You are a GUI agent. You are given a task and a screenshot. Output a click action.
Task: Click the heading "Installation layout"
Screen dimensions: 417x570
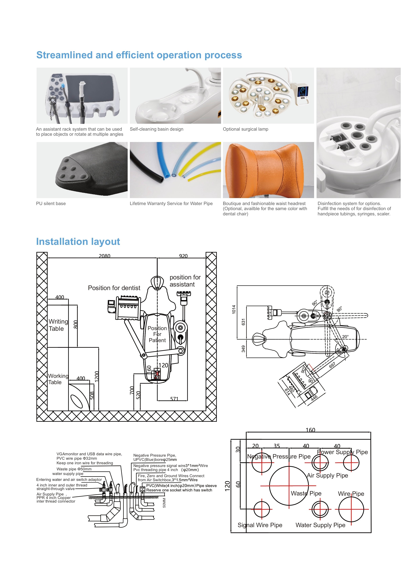[x=78, y=241]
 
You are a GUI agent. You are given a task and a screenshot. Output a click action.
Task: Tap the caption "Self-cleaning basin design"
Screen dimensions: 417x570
[x=156, y=129]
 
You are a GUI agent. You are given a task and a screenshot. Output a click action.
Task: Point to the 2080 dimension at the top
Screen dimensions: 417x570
[x=104, y=256]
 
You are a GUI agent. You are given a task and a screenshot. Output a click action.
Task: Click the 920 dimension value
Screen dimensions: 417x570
[x=183, y=256]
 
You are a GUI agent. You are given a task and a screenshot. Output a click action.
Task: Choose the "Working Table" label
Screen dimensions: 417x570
[x=58, y=379]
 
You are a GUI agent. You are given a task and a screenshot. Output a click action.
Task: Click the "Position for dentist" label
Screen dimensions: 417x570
[x=114, y=288]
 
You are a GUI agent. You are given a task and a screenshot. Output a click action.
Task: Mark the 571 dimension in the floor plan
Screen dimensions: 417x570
[x=174, y=399]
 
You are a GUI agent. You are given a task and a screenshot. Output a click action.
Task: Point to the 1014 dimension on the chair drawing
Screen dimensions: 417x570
[x=234, y=309]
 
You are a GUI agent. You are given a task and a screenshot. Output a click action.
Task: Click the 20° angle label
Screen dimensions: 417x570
[x=345, y=337]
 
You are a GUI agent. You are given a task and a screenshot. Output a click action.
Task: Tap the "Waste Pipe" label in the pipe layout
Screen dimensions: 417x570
[x=306, y=493]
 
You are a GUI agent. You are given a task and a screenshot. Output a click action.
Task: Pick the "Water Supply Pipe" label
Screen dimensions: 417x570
[x=320, y=525]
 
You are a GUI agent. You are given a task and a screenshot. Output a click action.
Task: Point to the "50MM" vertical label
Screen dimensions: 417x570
[x=164, y=503]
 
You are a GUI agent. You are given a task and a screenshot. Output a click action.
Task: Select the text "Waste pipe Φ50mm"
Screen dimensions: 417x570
[x=74, y=469]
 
